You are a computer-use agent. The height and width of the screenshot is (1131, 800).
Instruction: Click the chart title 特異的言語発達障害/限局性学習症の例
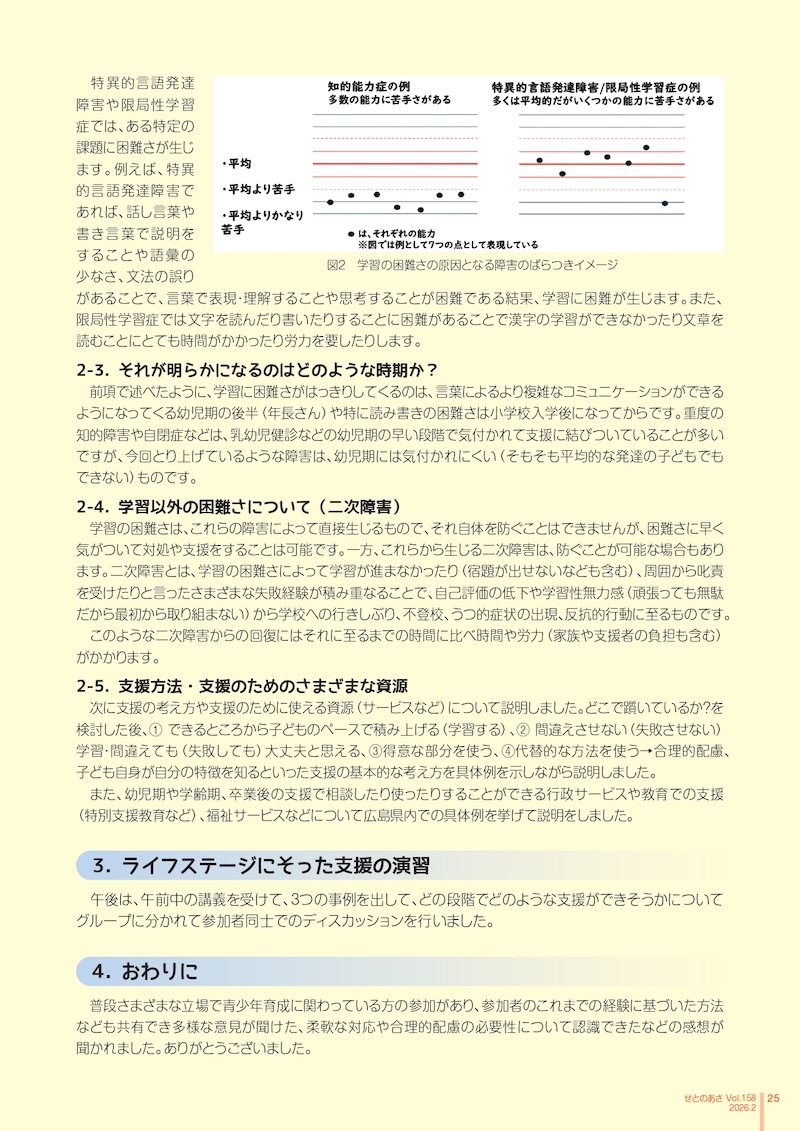595,86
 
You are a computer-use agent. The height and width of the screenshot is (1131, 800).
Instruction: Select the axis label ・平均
238,163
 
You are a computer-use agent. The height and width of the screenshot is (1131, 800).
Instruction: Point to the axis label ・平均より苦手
259,189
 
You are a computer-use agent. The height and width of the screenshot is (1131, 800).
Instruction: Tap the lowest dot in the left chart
420,210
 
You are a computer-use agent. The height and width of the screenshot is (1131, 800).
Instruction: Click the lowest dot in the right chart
664,204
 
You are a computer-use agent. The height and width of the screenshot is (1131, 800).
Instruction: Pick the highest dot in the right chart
647,147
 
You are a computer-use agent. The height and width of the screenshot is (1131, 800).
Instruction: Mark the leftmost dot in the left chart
330,203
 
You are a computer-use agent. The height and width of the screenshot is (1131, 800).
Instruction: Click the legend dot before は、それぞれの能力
350,232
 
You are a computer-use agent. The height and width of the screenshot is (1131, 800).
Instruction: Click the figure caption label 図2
336,266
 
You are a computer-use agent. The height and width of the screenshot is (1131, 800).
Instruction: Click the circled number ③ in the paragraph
370,752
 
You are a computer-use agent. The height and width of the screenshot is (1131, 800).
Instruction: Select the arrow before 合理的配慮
645,752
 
